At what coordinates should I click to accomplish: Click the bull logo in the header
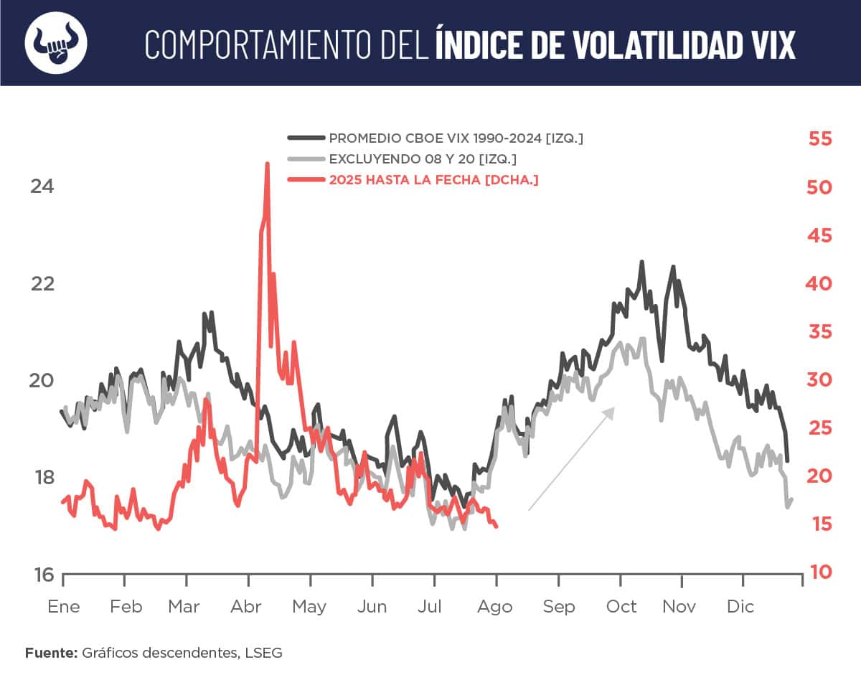point(56,42)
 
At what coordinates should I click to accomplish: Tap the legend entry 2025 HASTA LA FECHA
point(433,180)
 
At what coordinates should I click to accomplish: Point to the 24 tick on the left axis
point(42,186)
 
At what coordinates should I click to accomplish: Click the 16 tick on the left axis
point(42,575)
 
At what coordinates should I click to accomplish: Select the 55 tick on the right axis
point(819,138)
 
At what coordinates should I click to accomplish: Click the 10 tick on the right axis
point(819,572)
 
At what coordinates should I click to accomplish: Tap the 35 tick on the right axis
point(819,331)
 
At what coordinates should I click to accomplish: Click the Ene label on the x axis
point(64,607)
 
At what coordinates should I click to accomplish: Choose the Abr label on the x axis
point(247,607)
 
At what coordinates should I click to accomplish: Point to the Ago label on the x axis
point(495,607)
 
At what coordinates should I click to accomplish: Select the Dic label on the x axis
point(740,607)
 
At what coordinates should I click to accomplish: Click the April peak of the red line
point(267,164)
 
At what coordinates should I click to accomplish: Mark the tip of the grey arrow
point(614,407)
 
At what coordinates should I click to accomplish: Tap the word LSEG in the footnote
point(265,653)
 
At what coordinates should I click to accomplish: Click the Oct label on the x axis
point(621,607)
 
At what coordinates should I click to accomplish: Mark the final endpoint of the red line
point(497,526)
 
